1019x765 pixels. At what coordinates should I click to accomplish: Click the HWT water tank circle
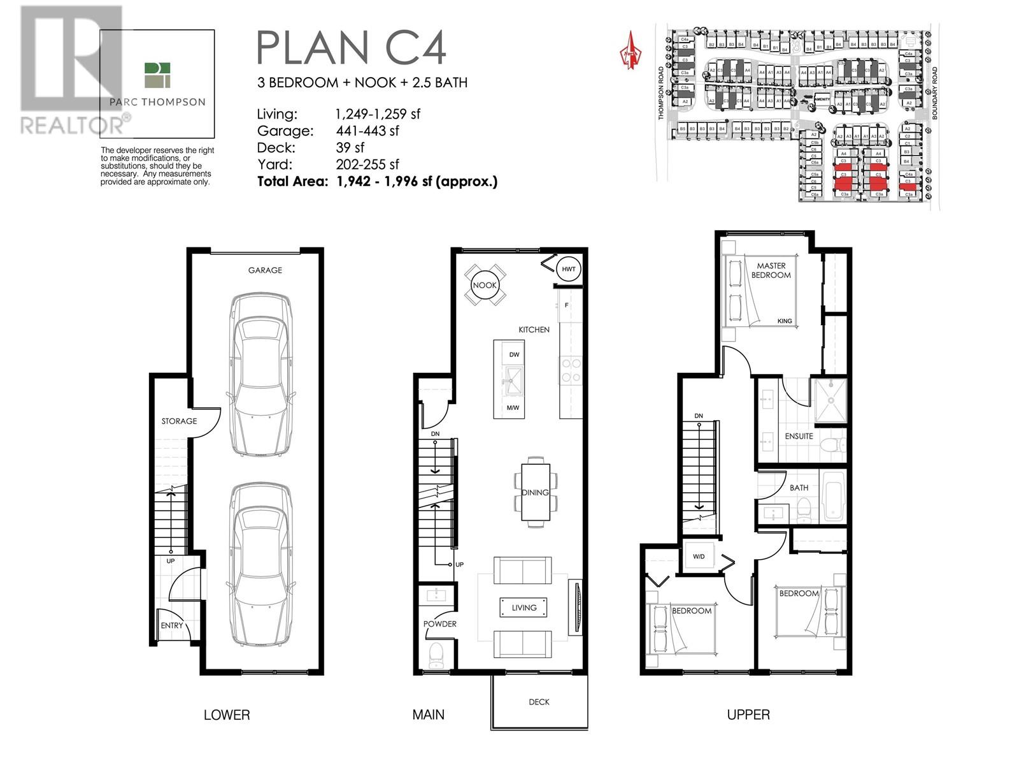point(568,269)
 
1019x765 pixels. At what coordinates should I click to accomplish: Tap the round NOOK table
point(485,285)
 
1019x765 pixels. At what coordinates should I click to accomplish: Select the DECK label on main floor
point(539,702)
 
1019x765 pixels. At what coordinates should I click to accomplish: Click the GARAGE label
point(265,270)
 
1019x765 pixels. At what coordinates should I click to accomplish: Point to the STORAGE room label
point(179,421)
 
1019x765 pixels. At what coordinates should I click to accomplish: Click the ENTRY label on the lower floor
point(171,625)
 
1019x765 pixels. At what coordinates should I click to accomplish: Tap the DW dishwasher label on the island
point(514,354)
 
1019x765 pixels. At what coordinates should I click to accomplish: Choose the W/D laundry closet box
point(699,557)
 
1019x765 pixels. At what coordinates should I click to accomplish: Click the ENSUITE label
point(799,436)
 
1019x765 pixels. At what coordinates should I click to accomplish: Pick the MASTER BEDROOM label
point(771,270)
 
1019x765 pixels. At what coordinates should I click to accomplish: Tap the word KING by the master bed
point(785,321)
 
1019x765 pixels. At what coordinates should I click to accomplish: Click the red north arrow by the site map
point(631,51)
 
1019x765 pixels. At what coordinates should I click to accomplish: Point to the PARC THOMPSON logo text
point(157,102)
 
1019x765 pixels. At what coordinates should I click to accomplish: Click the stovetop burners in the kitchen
point(571,370)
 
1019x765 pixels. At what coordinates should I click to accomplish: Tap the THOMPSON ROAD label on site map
point(661,93)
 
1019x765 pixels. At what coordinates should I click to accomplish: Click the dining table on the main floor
point(535,492)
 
